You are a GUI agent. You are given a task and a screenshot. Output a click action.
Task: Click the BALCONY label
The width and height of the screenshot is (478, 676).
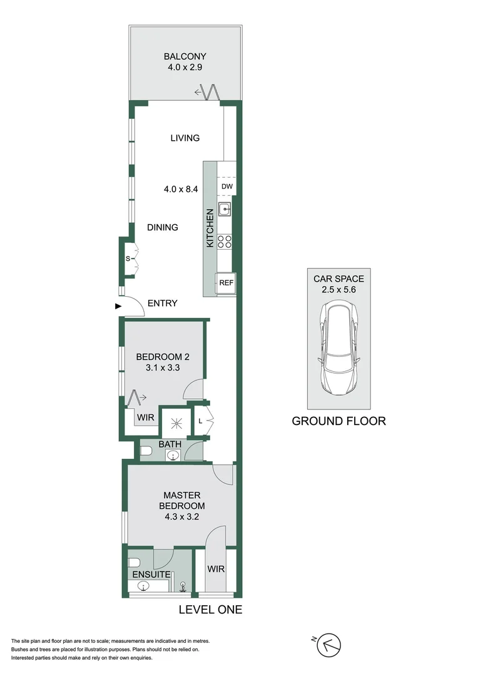185,56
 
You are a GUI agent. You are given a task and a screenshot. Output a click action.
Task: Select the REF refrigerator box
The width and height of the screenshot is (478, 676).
225,283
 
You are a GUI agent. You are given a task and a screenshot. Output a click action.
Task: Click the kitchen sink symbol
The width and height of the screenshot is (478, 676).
225,210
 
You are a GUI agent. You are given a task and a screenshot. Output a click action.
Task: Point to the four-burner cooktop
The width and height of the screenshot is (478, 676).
225,241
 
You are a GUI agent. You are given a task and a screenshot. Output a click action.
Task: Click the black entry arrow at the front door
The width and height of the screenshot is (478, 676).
118,306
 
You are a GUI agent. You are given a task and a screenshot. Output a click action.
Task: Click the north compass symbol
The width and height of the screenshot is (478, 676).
330,645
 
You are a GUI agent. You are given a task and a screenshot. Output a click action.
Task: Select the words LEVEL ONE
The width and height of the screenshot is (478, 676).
210,610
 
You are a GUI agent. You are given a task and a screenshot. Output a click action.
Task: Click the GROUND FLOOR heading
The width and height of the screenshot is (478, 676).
338,421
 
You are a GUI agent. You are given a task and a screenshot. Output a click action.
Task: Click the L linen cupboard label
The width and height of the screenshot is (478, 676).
200,422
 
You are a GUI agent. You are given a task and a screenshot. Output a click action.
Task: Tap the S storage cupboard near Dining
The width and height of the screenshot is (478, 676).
128,258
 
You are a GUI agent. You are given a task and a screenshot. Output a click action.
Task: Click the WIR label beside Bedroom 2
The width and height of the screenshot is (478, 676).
146,417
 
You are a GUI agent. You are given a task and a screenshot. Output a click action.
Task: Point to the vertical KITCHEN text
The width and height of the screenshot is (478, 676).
211,227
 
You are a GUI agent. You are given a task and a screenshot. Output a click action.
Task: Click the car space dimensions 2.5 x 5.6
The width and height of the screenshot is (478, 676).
338,290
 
